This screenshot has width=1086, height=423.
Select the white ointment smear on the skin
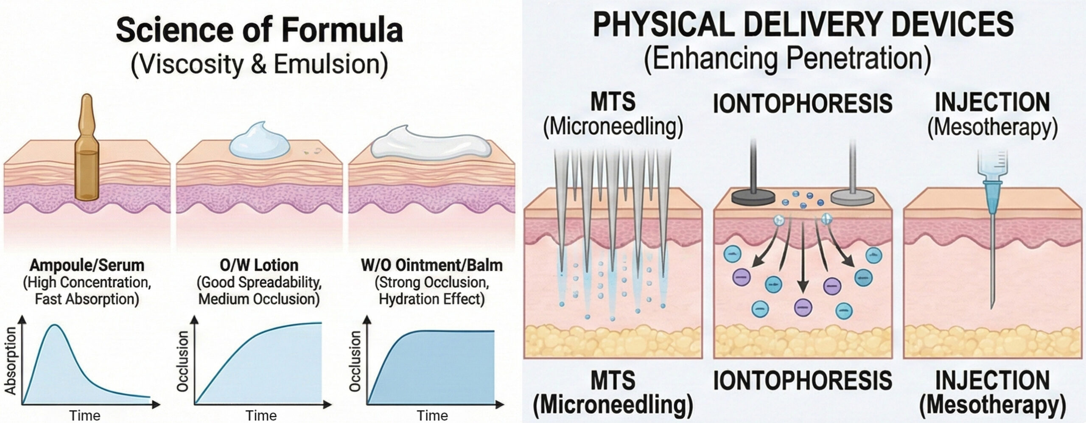pos(431,145)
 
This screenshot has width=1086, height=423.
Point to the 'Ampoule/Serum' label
pos(87,266)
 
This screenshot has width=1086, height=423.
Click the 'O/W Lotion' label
pos(259,266)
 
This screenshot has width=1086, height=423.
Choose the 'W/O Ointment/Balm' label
pos(432,266)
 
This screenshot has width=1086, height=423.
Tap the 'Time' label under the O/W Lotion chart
pos(260,415)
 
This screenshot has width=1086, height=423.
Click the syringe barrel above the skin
pos(993,165)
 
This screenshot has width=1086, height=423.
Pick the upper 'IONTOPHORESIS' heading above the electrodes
pos(802,104)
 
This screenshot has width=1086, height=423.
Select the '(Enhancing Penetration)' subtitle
pos(787,61)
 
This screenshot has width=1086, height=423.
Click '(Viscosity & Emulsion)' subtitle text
pos(259,64)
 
